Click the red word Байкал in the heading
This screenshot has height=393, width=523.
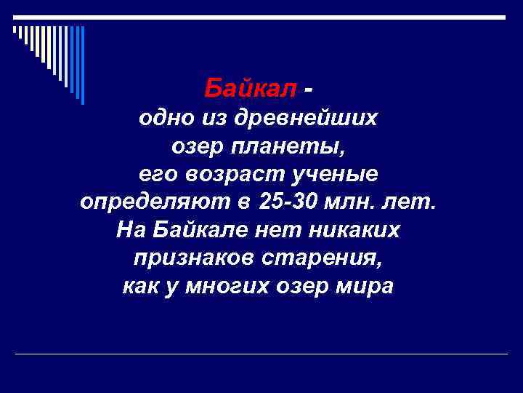click(x=251, y=89)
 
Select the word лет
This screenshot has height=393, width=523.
click(x=415, y=202)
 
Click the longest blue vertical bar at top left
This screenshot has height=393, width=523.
click(x=82, y=65)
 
